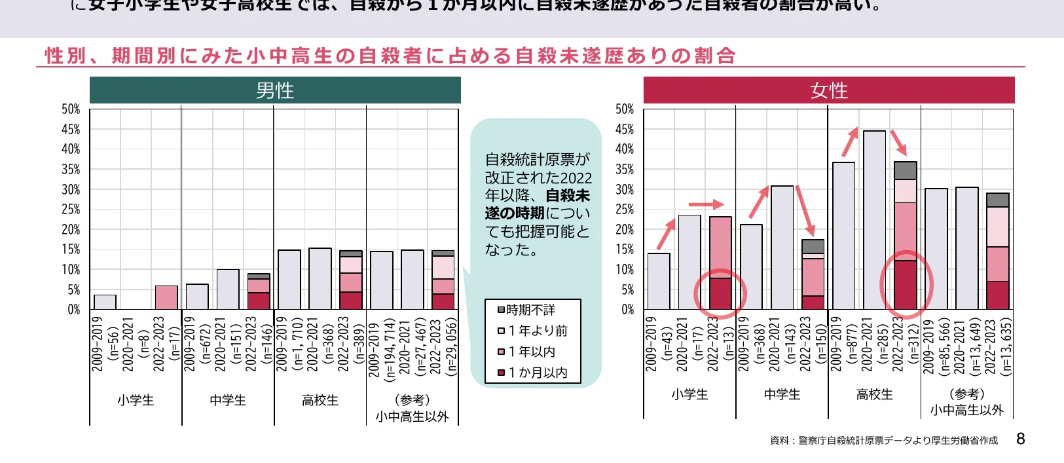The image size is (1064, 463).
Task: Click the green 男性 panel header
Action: pyautogui.click(x=275, y=90)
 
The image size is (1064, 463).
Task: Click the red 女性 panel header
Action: pyautogui.click(x=829, y=90)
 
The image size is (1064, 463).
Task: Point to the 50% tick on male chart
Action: pyautogui.click(x=71, y=109)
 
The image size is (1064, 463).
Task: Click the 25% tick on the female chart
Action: pyautogui.click(x=625, y=210)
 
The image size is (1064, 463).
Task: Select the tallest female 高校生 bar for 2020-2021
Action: pyautogui.click(x=874, y=220)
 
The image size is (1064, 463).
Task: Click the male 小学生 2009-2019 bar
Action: pyautogui.click(x=105, y=302)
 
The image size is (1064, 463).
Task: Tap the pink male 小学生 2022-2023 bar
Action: pyautogui.click(x=166, y=297)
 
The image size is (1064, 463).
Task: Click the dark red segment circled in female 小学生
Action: pyautogui.click(x=720, y=293)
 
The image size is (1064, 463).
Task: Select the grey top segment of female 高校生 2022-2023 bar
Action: pyautogui.click(x=905, y=170)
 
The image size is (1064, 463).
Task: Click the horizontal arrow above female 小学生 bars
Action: pyautogui.click(x=706, y=204)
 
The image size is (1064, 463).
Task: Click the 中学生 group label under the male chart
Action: pyautogui.click(x=228, y=400)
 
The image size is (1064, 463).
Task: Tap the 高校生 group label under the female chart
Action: pyautogui.click(x=875, y=394)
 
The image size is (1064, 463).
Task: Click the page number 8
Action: pyautogui.click(x=1020, y=439)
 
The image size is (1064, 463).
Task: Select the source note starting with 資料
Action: pyautogui.click(x=883, y=441)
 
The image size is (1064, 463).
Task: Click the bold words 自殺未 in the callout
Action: pyautogui.click(x=568, y=195)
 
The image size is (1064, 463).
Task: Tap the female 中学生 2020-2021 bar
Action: pyautogui.click(x=782, y=248)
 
